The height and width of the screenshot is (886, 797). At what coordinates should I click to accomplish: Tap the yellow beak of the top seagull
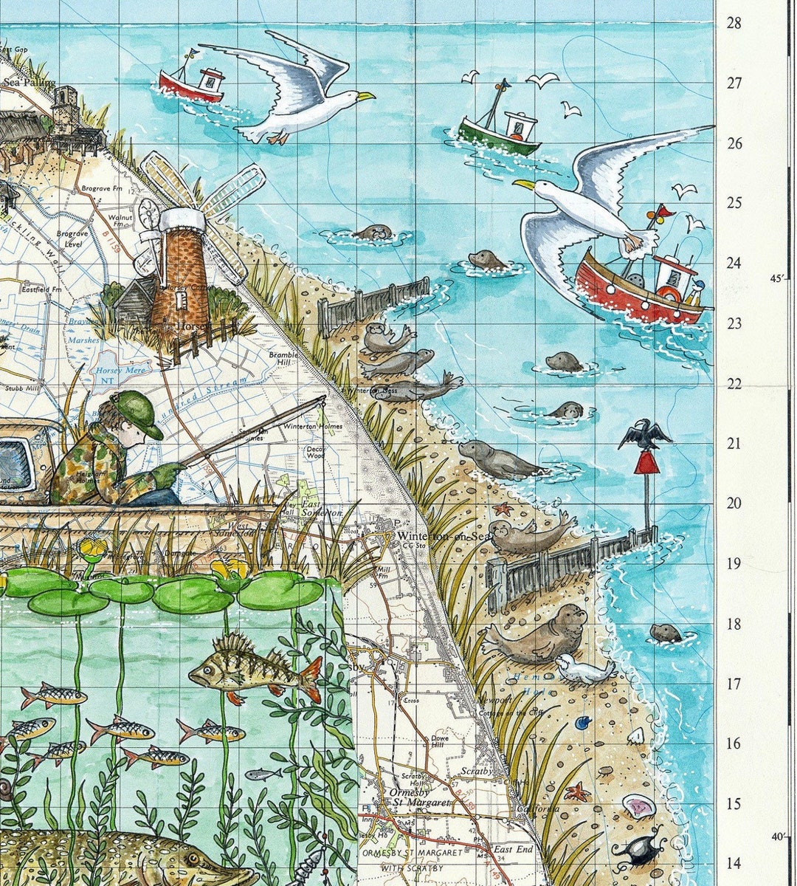pos(364,95)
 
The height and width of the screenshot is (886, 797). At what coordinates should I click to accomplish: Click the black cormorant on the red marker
pos(644,435)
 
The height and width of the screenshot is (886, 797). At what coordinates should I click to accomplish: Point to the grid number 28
pos(734,23)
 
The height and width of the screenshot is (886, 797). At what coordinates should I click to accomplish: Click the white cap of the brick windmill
pos(181,219)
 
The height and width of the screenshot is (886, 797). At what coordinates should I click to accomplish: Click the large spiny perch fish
pos(251,668)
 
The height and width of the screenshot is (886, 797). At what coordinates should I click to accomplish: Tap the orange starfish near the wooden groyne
pos(504,509)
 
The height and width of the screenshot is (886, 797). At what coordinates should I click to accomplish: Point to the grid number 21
pos(734,444)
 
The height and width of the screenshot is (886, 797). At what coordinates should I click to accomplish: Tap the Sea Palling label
pos(30,83)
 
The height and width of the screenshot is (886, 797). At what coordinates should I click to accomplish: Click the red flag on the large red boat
pos(660,212)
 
